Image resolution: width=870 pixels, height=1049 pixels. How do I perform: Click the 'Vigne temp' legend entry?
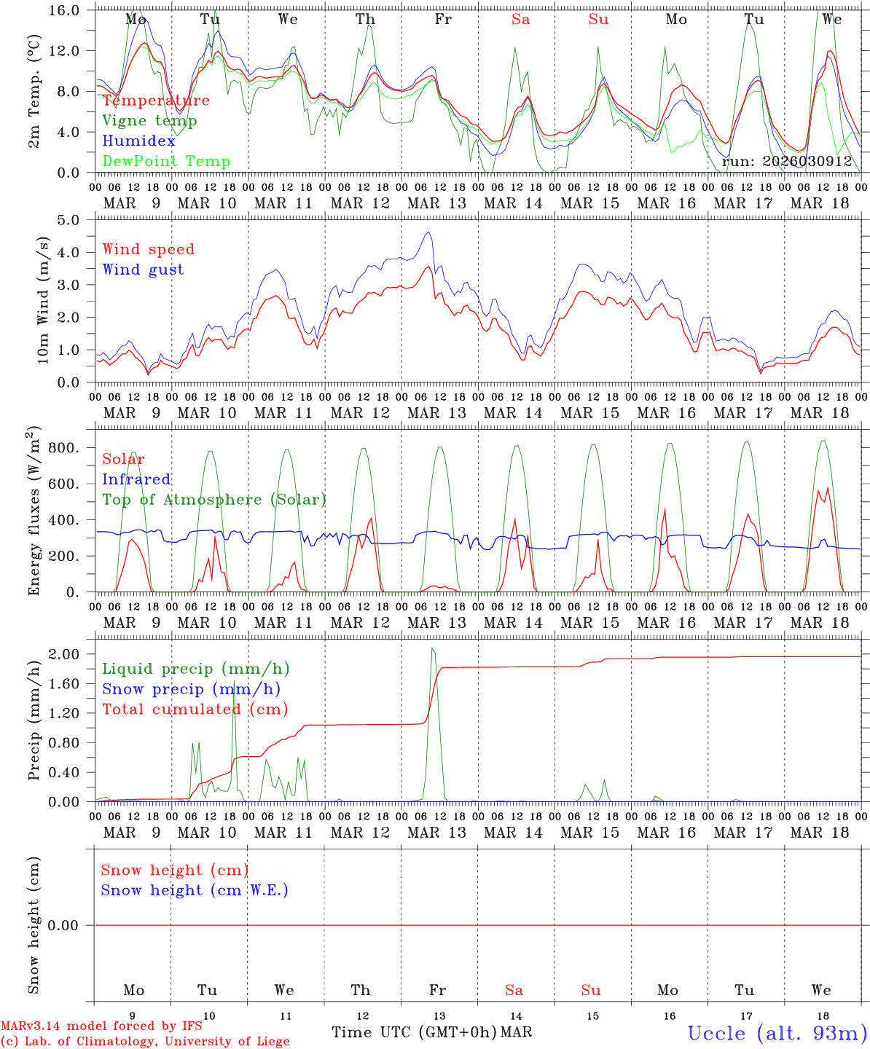(149, 121)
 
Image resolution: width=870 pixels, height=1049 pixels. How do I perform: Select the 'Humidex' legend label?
(139, 141)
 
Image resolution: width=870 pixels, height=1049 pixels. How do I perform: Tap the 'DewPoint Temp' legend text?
(166, 162)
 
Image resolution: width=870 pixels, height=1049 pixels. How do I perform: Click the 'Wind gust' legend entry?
(144, 270)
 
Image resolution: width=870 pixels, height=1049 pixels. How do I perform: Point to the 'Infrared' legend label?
(136, 479)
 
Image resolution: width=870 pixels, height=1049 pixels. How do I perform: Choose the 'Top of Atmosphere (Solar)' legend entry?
(214, 500)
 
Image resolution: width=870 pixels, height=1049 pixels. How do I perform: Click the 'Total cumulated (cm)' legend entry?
(195, 710)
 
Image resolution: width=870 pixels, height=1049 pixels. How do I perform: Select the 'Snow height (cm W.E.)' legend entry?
(195, 890)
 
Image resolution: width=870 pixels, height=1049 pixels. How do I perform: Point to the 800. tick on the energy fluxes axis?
(64, 448)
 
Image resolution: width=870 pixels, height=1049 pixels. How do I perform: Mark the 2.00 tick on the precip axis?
(70, 654)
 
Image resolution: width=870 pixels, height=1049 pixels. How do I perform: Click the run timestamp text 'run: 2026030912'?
(787, 162)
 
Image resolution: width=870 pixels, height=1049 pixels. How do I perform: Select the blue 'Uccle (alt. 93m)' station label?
(777, 1033)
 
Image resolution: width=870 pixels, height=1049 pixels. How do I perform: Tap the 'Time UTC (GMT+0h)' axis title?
(414, 1032)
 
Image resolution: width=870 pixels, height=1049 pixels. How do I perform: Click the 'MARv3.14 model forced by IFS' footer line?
(101, 1026)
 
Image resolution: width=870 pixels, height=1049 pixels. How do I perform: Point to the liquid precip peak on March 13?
(433, 648)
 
